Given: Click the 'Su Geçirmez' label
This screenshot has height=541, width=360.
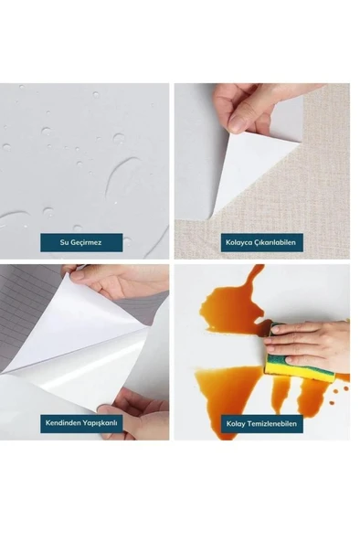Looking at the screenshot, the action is click(x=81, y=242).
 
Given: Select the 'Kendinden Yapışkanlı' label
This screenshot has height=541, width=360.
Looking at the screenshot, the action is click(x=81, y=422).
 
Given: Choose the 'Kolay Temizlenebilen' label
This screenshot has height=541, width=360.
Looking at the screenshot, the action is click(x=261, y=423).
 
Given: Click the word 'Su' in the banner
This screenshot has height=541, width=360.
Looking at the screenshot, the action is click(x=64, y=242).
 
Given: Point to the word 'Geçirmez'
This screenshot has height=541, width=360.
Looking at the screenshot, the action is click(x=86, y=242).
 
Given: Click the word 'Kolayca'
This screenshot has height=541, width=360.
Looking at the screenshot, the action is click(x=238, y=242).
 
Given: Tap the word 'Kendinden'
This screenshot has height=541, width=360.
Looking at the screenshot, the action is click(x=58, y=422).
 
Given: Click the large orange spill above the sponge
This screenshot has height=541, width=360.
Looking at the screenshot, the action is click(x=236, y=302).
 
